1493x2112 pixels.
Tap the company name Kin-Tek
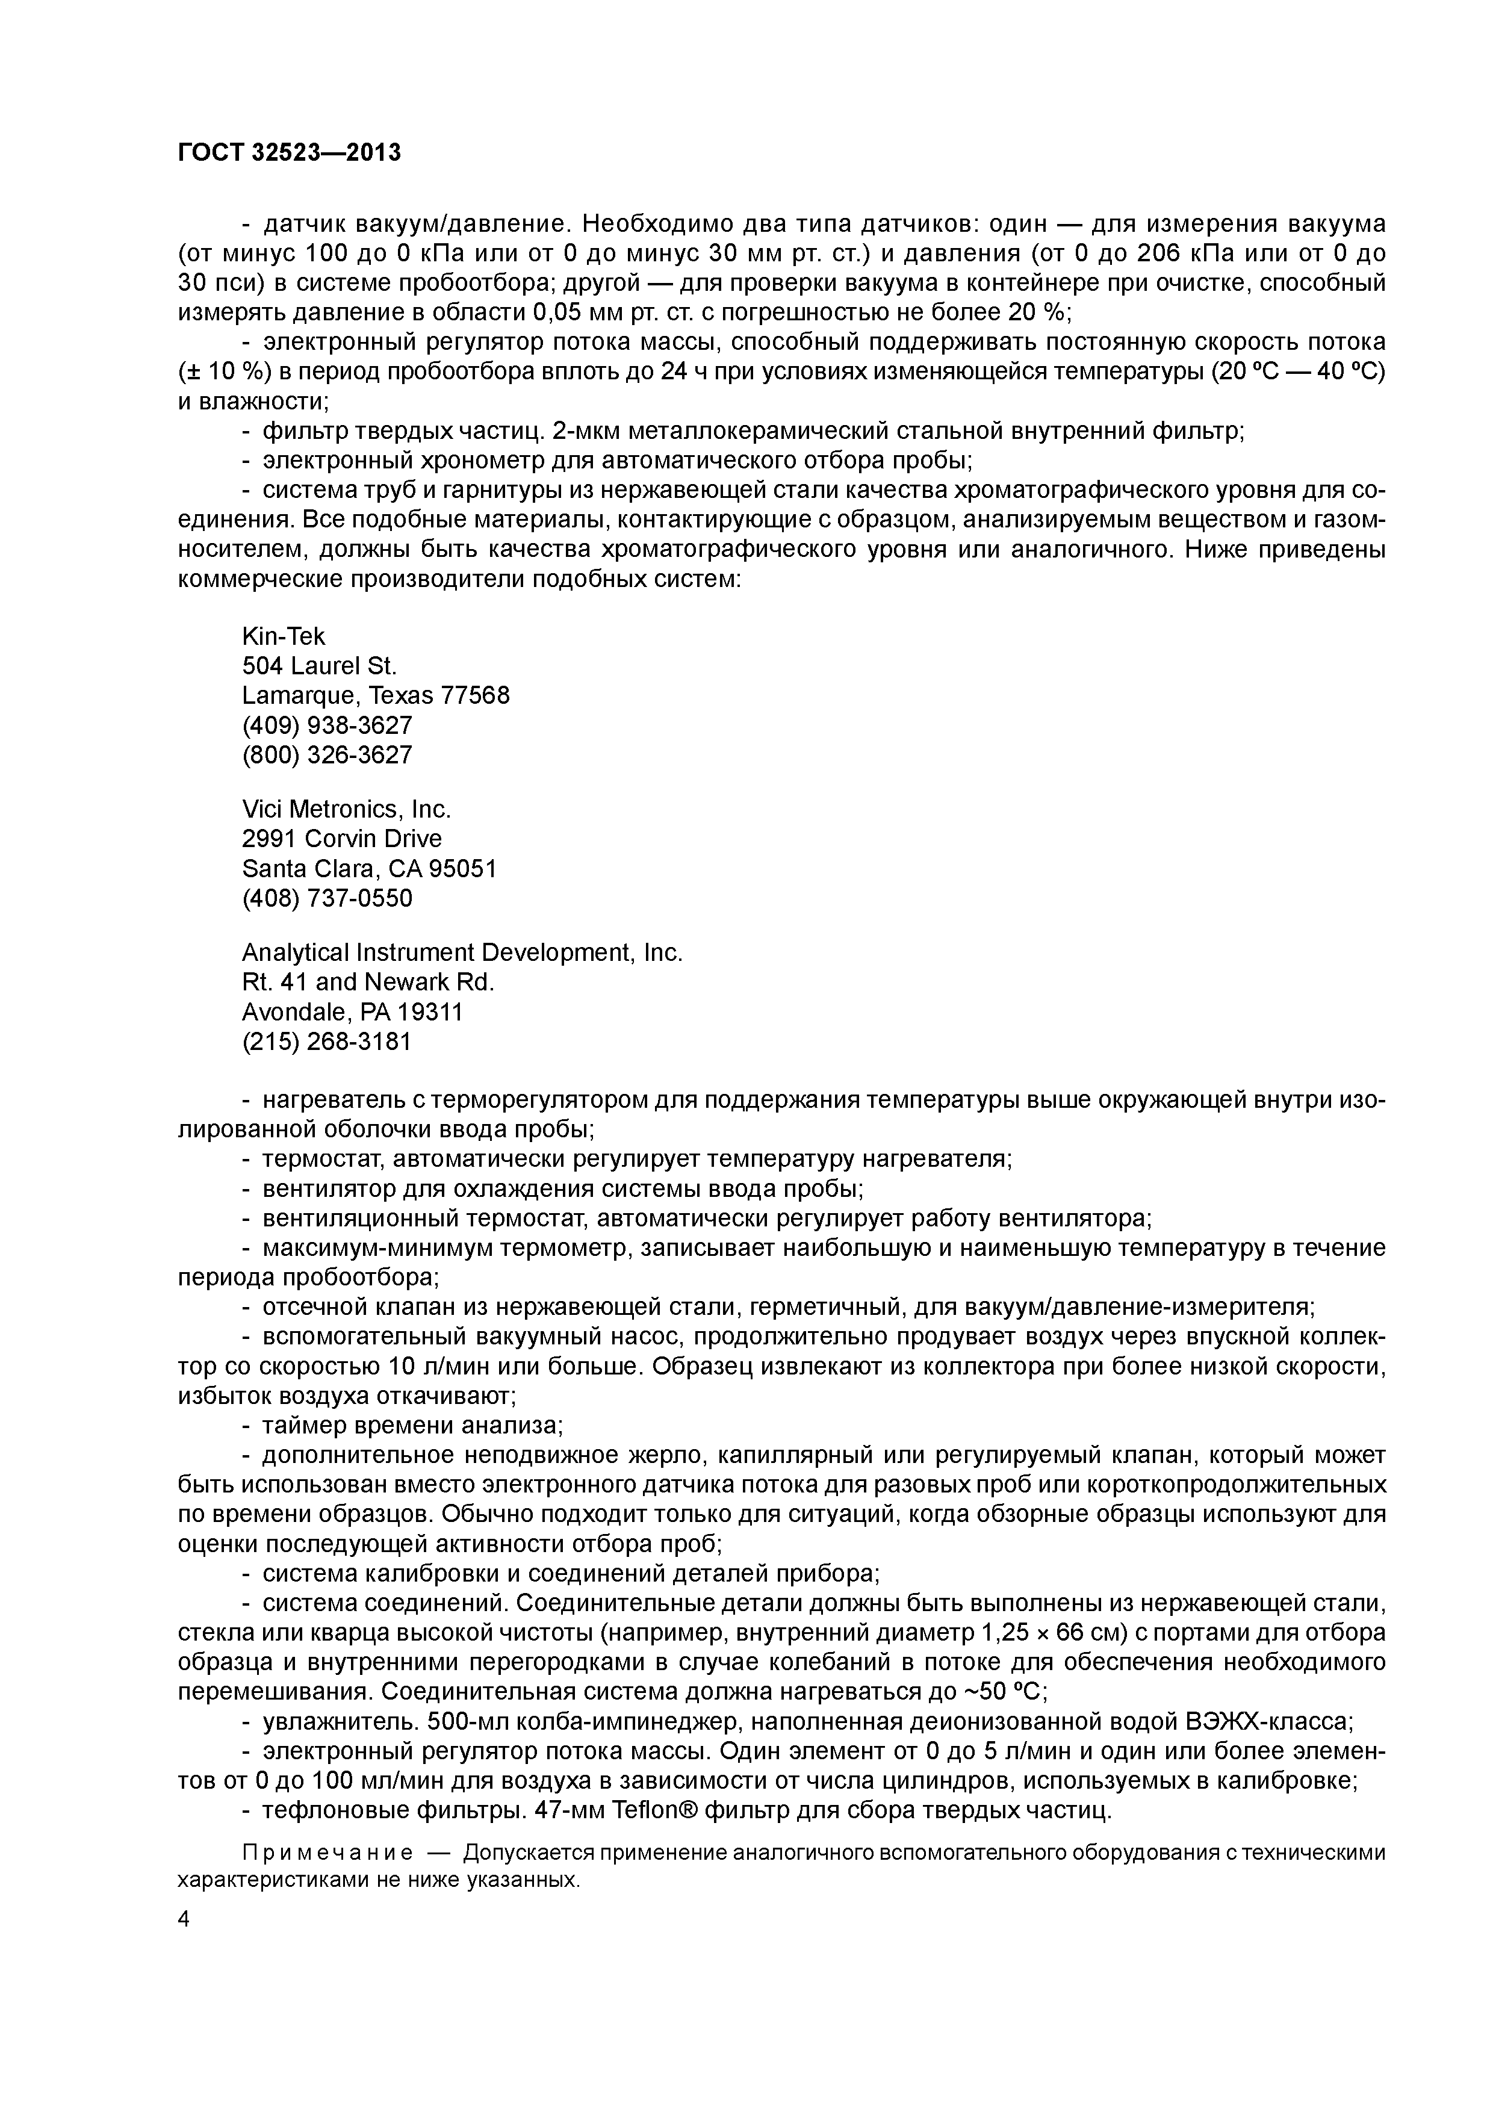pyautogui.click(x=284, y=636)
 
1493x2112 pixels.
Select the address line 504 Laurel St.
pyautogui.click(x=319, y=665)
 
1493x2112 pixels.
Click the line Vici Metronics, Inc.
pyautogui.click(x=347, y=809)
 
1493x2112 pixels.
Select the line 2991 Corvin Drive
pyautogui.click(x=341, y=838)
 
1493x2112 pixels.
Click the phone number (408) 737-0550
pyautogui.click(x=327, y=897)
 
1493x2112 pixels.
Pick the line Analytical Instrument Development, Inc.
pyautogui.click(x=462, y=952)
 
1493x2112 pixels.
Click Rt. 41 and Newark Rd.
pyautogui.click(x=368, y=981)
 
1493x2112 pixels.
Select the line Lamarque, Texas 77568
pyautogui.click(x=375, y=695)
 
